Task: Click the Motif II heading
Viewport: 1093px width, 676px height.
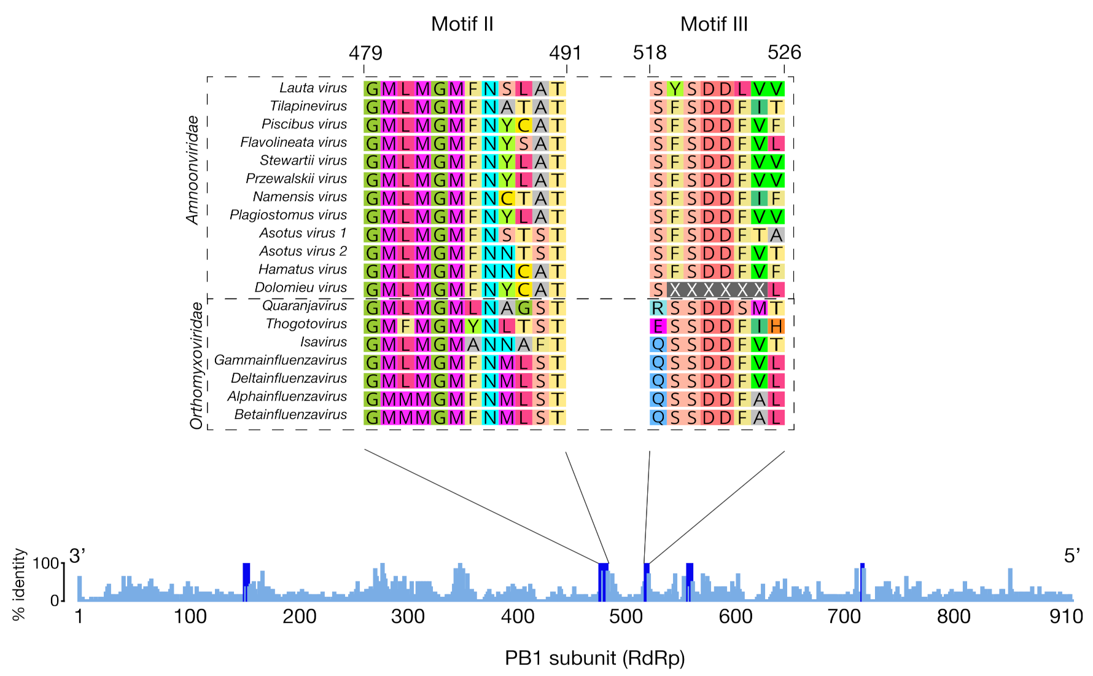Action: [462, 24]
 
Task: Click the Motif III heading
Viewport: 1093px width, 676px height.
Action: [714, 24]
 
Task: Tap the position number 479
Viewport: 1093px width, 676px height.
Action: [365, 53]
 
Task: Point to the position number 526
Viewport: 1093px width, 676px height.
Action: [784, 53]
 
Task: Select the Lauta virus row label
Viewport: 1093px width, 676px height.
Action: [313, 88]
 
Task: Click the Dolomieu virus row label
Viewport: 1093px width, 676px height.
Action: [300, 288]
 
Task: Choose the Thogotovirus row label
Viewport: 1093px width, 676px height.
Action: [306, 324]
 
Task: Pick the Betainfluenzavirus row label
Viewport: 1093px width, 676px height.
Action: [290, 415]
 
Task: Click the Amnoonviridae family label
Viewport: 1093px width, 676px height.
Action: [193, 170]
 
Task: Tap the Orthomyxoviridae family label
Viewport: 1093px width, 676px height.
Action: [196, 365]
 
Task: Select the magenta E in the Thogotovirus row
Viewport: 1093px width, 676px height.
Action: [658, 326]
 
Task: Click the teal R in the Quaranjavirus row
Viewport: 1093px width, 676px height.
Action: [658, 308]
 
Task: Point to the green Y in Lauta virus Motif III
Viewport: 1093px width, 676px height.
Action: [675, 89]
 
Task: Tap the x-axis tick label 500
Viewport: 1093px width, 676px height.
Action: [626, 616]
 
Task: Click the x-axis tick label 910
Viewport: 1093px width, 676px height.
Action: [1065, 616]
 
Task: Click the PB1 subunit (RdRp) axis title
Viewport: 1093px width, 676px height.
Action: [594, 658]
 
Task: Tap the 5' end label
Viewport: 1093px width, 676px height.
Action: [1072, 556]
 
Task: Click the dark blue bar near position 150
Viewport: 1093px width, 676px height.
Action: [246, 575]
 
